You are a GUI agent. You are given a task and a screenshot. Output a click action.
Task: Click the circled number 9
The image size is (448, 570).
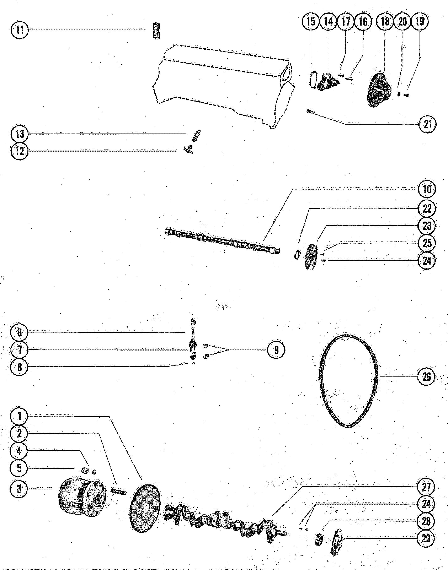coord(276,350)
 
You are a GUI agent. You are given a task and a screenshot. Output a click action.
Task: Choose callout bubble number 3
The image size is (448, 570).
coord(19,488)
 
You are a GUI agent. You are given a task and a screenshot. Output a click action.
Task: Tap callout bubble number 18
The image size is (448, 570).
coord(385,21)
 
